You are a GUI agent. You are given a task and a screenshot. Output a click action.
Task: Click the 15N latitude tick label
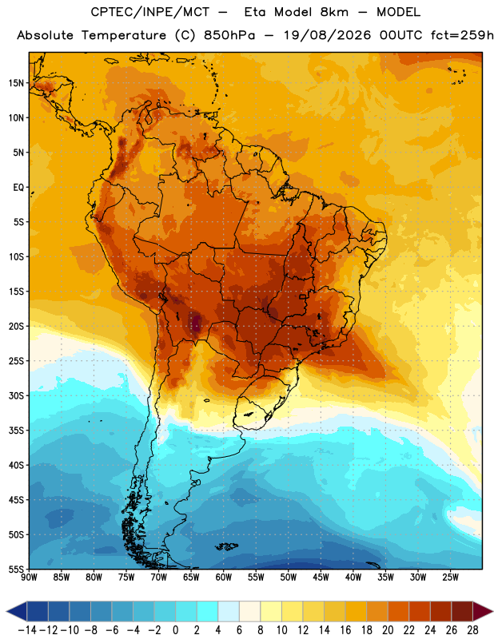point(16,83)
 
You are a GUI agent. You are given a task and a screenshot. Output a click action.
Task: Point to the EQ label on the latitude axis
point(18,188)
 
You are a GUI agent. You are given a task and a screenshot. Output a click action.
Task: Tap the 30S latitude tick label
point(16,395)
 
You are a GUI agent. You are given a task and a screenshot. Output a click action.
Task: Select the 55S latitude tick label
point(16,569)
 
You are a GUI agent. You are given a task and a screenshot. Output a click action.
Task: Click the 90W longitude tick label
point(30,577)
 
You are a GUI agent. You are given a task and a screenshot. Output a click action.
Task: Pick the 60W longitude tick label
point(224,577)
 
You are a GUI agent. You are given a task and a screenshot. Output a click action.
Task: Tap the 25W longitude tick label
point(450,577)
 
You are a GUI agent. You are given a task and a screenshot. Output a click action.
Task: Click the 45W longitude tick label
point(321,577)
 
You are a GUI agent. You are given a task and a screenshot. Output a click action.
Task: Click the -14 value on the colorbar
point(27,630)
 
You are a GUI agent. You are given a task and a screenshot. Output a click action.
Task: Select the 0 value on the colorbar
point(175,630)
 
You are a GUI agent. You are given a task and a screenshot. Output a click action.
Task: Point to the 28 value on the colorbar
point(472,630)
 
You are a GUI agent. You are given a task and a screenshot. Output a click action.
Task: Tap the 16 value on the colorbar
point(345,630)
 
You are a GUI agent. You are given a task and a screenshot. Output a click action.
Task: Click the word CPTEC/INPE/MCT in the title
point(150,12)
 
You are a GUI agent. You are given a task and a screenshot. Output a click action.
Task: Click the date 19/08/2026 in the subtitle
point(327,35)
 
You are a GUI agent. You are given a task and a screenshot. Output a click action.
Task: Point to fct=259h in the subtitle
point(462,35)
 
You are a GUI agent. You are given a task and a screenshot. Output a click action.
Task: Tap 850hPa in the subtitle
point(229,35)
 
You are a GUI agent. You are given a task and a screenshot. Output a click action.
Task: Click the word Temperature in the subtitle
point(124,36)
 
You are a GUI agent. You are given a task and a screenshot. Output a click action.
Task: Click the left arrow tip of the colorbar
point(7,612)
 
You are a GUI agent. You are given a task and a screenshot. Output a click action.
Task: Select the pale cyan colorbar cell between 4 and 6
point(229,612)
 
